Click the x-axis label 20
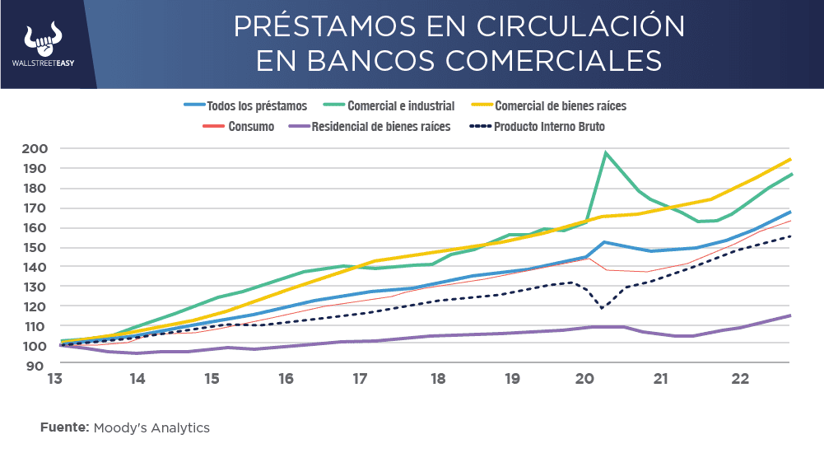click(585, 380)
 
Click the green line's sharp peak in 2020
click(606, 153)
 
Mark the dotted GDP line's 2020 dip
click(603, 309)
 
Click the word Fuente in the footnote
click(64, 428)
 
